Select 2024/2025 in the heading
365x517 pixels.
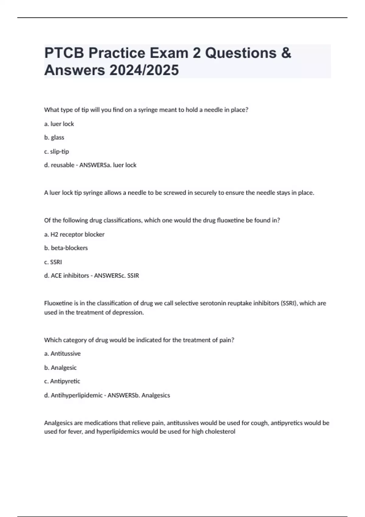click(144, 70)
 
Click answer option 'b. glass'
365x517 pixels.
click(54, 137)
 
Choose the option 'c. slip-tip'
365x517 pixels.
click(57, 151)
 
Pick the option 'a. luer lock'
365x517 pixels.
click(59, 124)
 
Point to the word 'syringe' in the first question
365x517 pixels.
click(148, 110)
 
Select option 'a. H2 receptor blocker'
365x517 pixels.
click(74, 234)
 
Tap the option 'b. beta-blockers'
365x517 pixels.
click(66, 248)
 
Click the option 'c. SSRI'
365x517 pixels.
click(53, 262)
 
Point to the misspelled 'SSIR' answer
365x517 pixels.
click(133, 276)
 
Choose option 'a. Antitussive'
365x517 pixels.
click(62, 354)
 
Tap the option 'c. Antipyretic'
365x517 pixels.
click(62, 381)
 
